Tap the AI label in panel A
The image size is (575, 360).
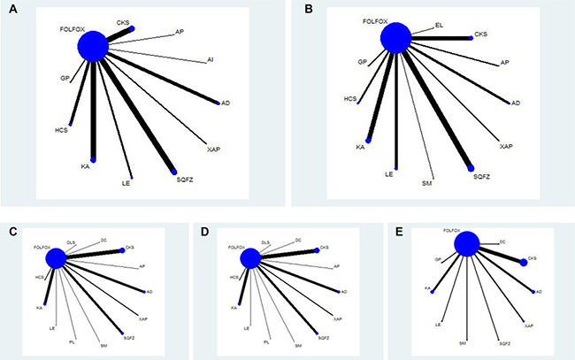[x=211, y=60]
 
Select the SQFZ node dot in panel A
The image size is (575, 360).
[x=174, y=171]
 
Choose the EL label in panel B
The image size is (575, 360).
[x=439, y=27]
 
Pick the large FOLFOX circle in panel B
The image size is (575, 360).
[x=395, y=38]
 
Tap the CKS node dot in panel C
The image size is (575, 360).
[x=123, y=249]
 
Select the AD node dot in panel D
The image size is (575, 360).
[x=339, y=291]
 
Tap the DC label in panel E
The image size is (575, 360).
[x=502, y=241]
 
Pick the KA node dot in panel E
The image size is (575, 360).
[x=431, y=291]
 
